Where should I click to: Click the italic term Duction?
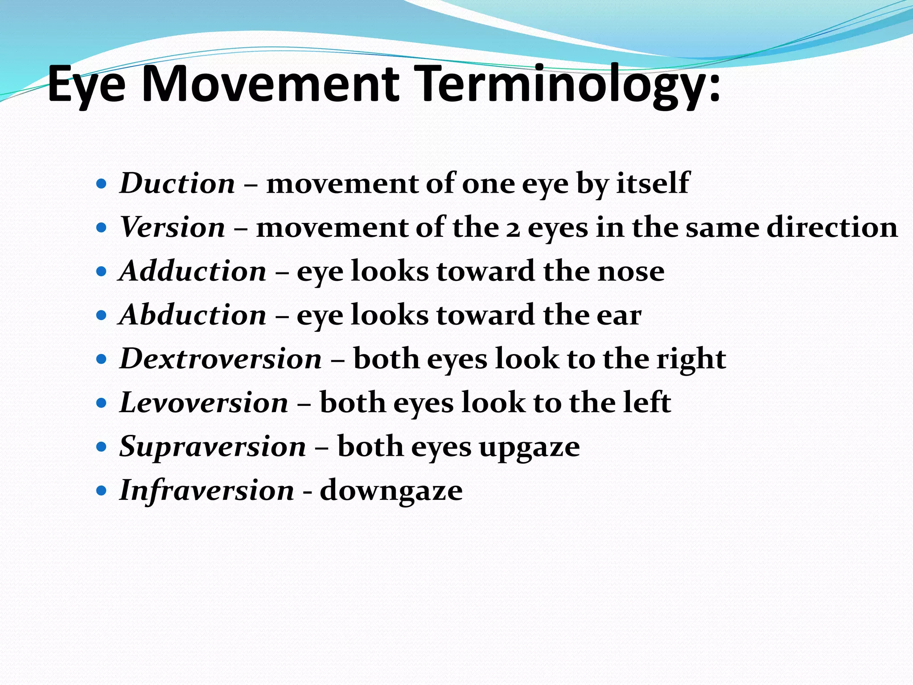coord(177,183)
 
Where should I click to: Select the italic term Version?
coord(173,227)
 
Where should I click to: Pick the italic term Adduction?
coord(193,271)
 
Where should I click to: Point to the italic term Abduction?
coord(193,315)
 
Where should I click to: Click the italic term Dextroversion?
coord(221,359)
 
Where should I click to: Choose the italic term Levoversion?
coord(204,403)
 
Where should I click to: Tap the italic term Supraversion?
coord(213,446)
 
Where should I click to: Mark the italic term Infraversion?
coord(207,490)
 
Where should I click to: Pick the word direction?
coord(832,227)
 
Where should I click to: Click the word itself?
coord(653,183)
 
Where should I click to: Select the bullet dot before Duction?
coord(102,184)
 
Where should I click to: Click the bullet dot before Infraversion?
coord(102,491)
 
